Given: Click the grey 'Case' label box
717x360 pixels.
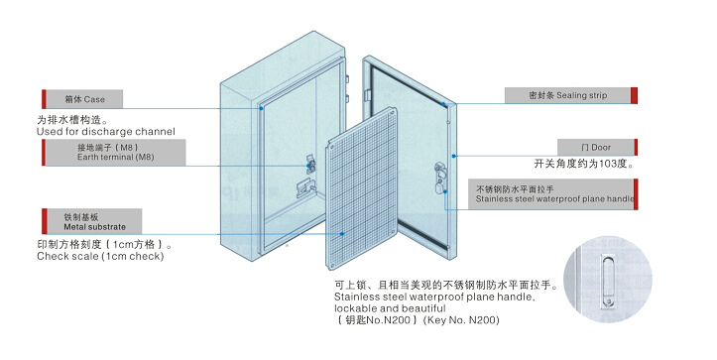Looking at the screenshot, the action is pyautogui.click(x=84, y=99).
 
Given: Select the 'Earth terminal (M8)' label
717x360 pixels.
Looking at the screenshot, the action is pyautogui.click(x=116, y=153).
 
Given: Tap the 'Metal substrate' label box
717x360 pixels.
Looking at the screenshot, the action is pyautogui.click(x=94, y=221).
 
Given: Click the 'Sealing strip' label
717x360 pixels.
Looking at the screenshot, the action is pyautogui.click(x=567, y=95).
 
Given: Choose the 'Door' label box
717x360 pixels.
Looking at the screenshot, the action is pyautogui.click(x=595, y=148).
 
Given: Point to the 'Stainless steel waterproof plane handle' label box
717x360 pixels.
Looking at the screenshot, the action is pyautogui.click(x=550, y=194).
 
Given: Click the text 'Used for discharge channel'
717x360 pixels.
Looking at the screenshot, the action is pyautogui.click(x=106, y=132).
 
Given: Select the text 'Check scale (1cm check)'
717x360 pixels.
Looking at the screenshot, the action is pyautogui.click(x=100, y=256).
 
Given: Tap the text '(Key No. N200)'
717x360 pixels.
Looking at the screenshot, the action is pyautogui.click(x=461, y=320).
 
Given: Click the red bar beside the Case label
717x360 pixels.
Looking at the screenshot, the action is pyautogui.click(x=44, y=99).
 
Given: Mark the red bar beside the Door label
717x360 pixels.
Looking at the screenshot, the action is pyautogui.click(x=636, y=148).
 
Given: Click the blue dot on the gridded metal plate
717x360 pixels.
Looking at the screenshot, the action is pyautogui.click(x=342, y=234).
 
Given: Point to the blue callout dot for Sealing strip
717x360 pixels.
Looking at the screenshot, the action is pyautogui.click(x=443, y=104).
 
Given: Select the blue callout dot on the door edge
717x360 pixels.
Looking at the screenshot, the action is pyautogui.click(x=453, y=156).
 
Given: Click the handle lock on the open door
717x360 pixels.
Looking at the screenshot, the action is pyautogui.click(x=440, y=180).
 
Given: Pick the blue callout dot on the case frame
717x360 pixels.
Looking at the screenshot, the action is pyautogui.click(x=261, y=108).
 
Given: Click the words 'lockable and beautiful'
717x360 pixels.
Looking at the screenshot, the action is pyautogui.click(x=390, y=308).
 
